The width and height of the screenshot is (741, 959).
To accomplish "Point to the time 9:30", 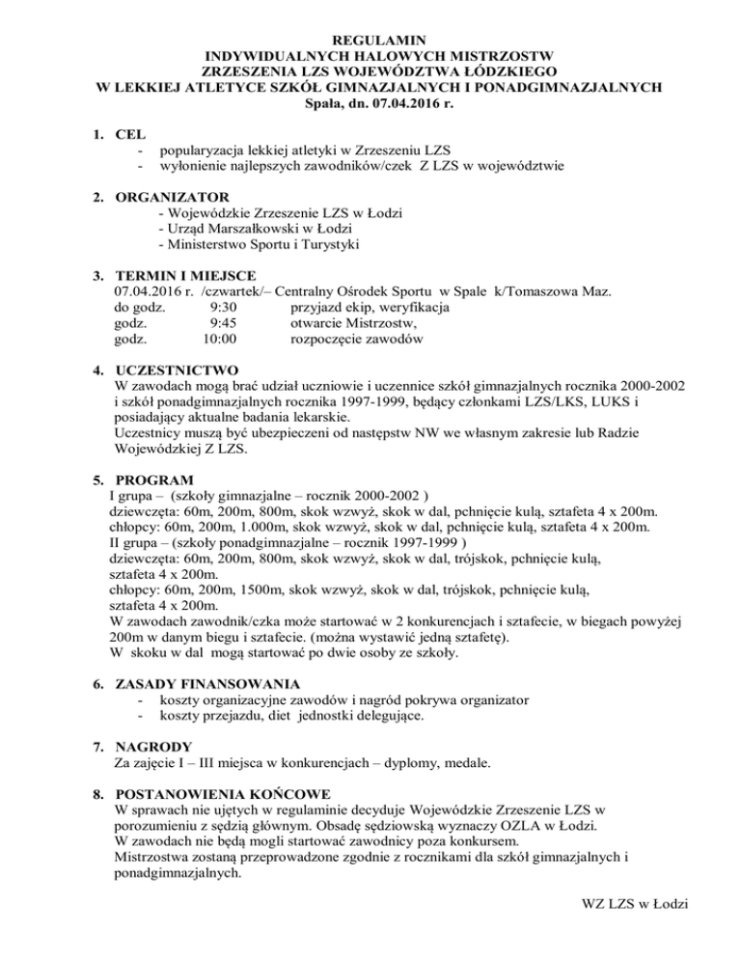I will [x=223, y=307].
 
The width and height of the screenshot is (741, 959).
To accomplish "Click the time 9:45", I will [x=223, y=323].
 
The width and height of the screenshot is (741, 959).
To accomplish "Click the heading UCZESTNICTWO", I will [x=184, y=370].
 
